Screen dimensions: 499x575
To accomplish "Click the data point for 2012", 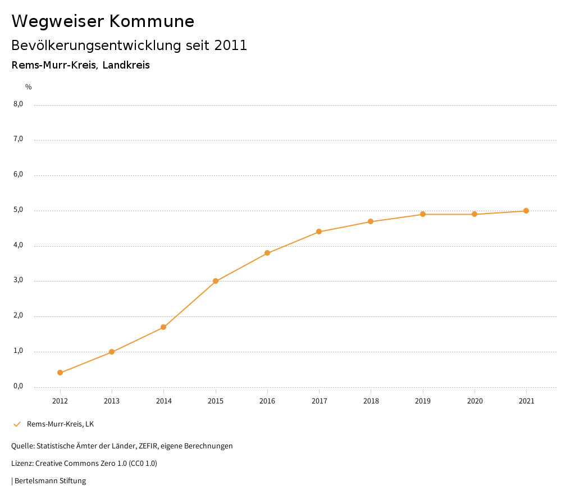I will [60, 373].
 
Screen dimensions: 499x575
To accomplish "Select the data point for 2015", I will [216, 281].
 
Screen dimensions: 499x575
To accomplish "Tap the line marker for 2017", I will [319, 232].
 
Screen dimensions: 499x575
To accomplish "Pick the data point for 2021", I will [526, 211].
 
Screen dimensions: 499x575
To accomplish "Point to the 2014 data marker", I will [163, 327].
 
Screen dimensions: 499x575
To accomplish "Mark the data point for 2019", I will [423, 214].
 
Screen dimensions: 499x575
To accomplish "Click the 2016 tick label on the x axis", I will [267, 401].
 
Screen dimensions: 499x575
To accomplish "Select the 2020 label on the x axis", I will [474, 401].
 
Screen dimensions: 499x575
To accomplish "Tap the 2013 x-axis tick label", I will [112, 401].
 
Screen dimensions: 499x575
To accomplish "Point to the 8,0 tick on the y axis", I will [19, 104].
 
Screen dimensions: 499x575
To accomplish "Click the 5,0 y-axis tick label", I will [19, 210].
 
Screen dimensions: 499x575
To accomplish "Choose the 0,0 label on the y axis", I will [19, 386].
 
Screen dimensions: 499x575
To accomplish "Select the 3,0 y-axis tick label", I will [19, 280].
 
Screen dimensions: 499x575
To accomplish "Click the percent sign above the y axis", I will [29, 87].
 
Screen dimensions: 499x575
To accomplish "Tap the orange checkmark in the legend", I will [17, 424].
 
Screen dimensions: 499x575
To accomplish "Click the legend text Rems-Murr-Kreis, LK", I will [61, 424].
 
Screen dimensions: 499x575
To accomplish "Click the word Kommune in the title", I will [152, 21].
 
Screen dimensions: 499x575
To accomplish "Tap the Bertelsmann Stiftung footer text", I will [50, 481].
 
